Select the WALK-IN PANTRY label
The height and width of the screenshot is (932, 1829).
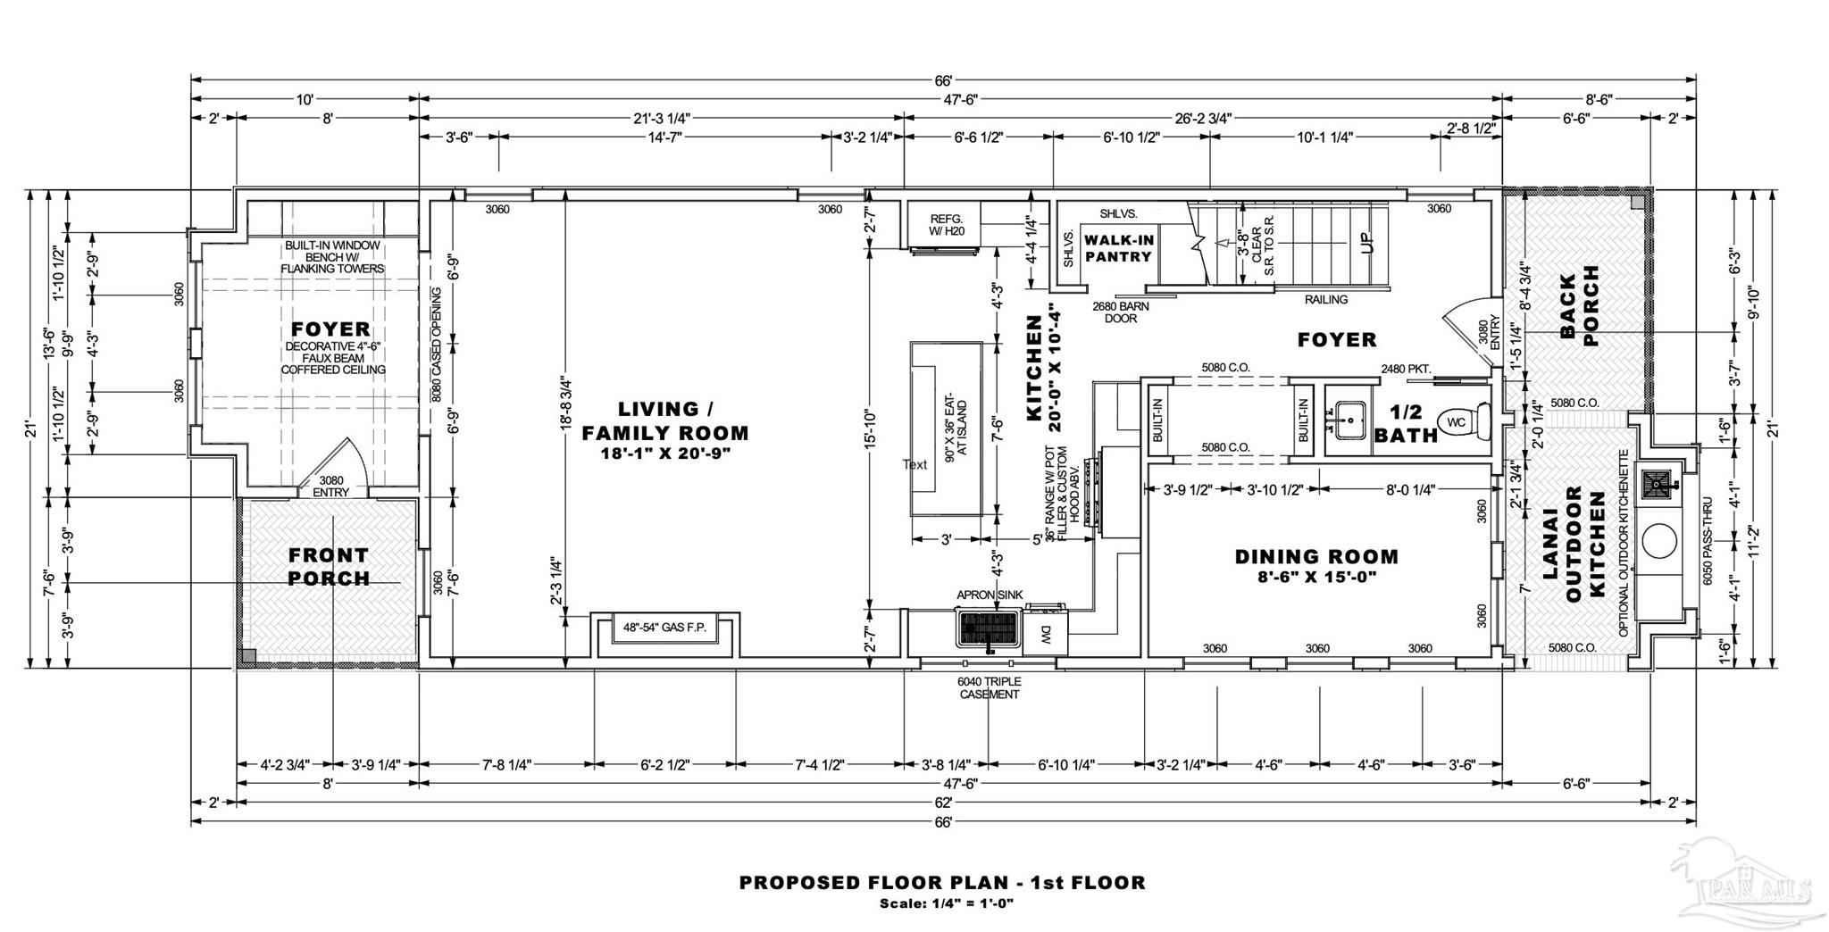pos(1118,248)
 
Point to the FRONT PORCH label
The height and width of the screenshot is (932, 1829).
pos(329,567)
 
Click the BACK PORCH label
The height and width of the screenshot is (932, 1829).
pos(1579,305)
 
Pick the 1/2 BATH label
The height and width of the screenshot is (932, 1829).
pos(1407,424)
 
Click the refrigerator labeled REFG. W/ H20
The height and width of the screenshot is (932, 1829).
pos(945,225)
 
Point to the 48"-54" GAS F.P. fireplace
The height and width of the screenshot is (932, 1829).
pos(664,628)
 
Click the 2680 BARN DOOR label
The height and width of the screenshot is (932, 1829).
pos(1120,312)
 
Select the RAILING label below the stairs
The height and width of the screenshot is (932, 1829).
pos(1325,300)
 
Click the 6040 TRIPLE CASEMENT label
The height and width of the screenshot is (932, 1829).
pos(989,688)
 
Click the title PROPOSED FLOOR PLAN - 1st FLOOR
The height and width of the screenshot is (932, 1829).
pos(942,883)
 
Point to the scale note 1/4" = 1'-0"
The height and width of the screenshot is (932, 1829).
pos(973,903)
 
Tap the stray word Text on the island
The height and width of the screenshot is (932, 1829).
pos(914,464)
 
